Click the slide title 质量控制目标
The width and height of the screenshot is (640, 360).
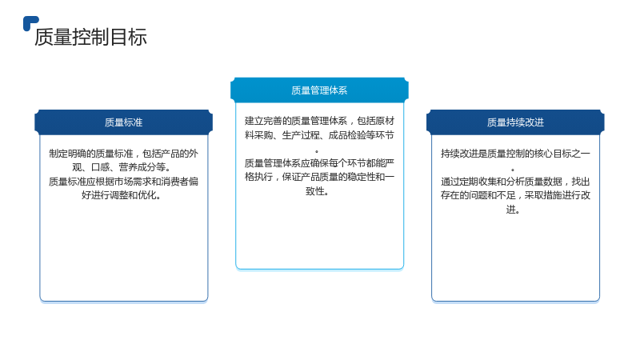[x=90, y=37]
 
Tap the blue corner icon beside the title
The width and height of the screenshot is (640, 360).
[x=30, y=22]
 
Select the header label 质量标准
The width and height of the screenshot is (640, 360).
[x=123, y=122]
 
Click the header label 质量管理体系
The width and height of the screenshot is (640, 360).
[x=319, y=90]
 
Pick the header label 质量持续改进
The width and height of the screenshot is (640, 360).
[x=515, y=122]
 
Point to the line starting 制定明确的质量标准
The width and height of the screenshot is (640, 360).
[x=123, y=154]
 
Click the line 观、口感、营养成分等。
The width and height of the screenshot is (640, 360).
[x=122, y=167]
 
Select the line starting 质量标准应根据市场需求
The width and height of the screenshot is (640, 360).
[x=123, y=182]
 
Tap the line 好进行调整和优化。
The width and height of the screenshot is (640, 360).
[x=122, y=195]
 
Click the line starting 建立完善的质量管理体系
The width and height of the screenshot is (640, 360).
[x=319, y=121]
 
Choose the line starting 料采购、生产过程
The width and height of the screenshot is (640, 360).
[x=319, y=135]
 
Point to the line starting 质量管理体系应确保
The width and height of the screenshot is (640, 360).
[x=319, y=163]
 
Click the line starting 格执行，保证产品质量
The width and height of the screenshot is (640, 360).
[x=319, y=177]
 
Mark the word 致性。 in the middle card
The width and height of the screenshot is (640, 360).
[x=318, y=191]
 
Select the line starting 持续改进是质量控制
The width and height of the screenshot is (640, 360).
[x=515, y=154]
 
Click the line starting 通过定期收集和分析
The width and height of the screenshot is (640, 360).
[x=515, y=182]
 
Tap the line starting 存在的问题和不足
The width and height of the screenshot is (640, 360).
[x=515, y=195]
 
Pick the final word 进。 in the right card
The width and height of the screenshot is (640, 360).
[x=513, y=210]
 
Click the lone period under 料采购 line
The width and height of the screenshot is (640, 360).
[x=317, y=152]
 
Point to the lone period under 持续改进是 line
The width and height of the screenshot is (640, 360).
[x=513, y=170]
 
